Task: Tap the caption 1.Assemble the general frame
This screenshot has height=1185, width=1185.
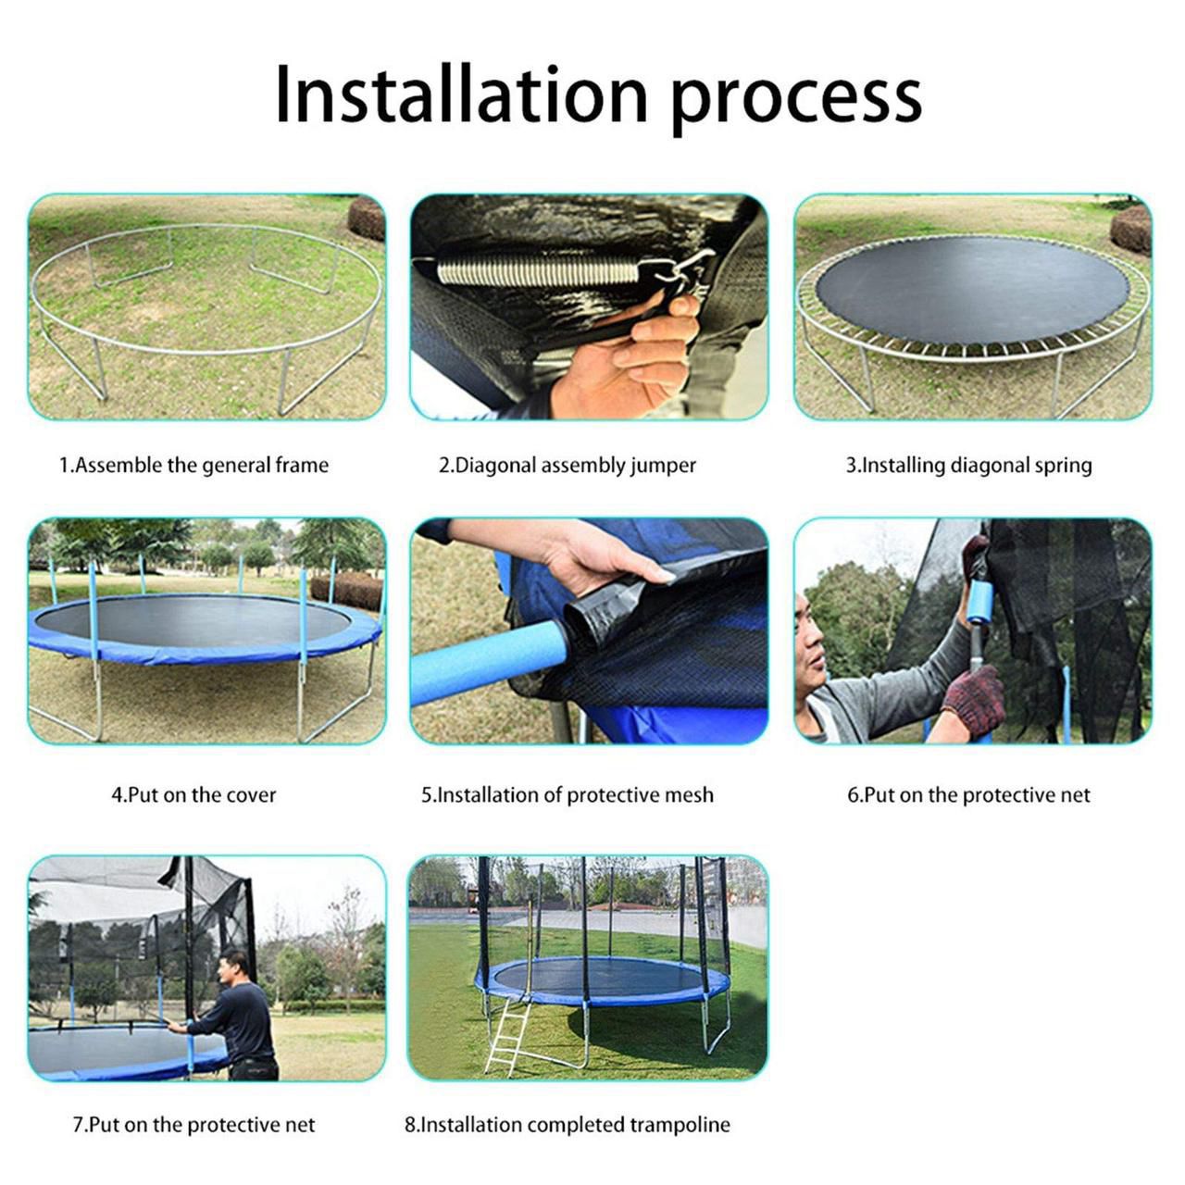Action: coord(193,465)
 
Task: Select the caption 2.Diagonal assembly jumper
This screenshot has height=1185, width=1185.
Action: coord(567,465)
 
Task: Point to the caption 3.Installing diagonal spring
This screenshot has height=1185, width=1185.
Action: coord(968,465)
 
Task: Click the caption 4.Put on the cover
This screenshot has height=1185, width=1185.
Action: coord(193,794)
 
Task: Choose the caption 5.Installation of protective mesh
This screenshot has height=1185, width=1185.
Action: coord(568,794)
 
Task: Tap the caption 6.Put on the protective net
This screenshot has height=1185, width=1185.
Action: coord(968,794)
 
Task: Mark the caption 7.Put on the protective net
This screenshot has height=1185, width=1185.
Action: coord(193,1125)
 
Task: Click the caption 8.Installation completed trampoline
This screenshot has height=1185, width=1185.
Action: coord(567,1125)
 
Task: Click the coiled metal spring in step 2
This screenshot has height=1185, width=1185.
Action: coord(537,271)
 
